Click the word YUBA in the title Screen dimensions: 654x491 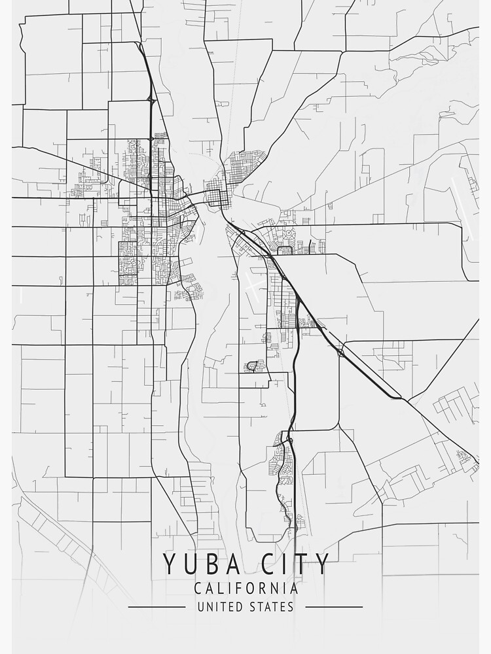click(x=198, y=564)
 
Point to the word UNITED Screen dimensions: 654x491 click(x=219, y=607)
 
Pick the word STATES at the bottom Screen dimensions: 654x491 click(x=272, y=607)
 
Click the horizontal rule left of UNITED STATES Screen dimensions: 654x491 click(x=156, y=607)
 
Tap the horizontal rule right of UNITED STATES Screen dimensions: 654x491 click(x=334, y=607)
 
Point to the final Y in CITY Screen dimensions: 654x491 click(x=321, y=564)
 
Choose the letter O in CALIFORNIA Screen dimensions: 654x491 click(x=251, y=589)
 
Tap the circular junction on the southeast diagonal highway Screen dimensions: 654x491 click(x=341, y=353)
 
